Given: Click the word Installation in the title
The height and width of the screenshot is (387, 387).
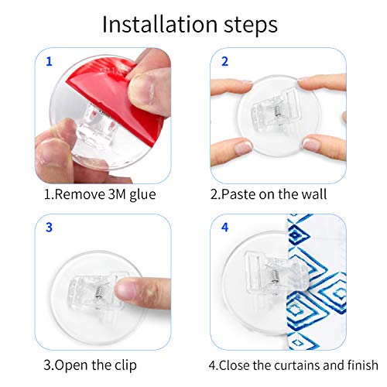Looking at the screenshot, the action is click(159, 24).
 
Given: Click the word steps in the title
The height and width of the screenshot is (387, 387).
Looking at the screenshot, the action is click(251, 26).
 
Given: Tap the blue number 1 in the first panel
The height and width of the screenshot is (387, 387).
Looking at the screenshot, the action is click(49, 61).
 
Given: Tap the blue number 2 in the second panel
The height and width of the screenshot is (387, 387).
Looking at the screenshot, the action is click(225, 61).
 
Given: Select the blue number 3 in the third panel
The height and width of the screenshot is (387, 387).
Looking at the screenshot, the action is click(49, 228).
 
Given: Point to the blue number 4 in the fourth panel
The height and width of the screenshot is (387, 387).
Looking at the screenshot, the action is click(225, 228).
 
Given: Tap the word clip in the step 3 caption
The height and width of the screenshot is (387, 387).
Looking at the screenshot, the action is click(125, 365).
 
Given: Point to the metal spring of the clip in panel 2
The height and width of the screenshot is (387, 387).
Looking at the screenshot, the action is click(278, 111).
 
